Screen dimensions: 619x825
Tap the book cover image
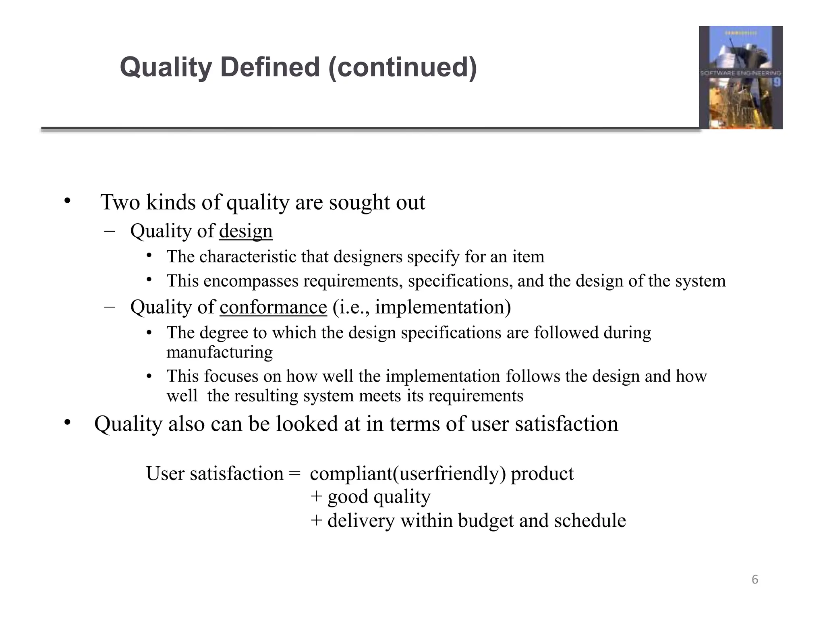click(x=740, y=77)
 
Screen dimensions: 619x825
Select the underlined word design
click(x=246, y=231)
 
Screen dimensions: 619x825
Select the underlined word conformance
click(x=273, y=307)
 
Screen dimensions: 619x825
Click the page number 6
click(x=755, y=580)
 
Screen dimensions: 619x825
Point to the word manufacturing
click(x=220, y=353)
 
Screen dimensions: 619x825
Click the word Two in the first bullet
click(x=120, y=202)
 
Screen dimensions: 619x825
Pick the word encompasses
click(x=251, y=281)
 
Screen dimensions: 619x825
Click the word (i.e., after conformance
click(x=351, y=307)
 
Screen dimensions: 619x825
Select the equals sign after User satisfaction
click(x=294, y=474)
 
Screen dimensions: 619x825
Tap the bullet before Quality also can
click(x=67, y=422)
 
